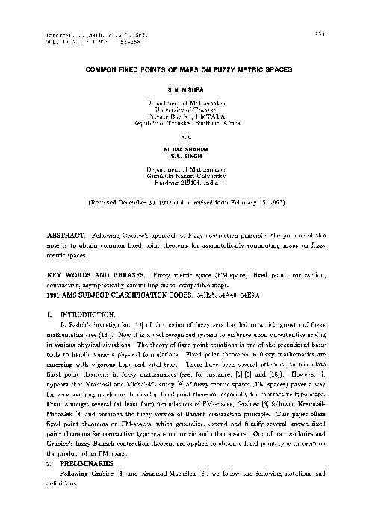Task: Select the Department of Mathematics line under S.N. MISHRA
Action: pos(186,102)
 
